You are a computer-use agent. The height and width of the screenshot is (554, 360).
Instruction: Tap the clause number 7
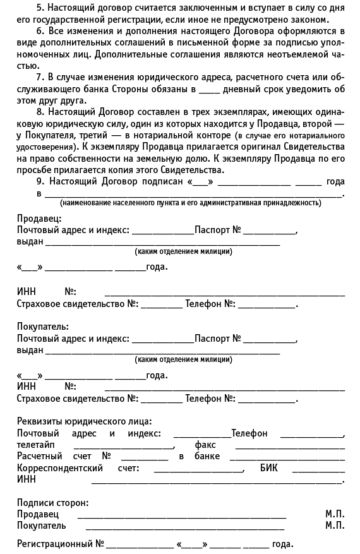40,77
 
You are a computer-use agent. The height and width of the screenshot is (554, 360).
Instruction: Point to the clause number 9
40,181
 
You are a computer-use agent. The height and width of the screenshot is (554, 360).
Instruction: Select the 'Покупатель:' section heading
42,327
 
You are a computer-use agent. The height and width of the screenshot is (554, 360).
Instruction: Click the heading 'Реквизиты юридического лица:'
84,421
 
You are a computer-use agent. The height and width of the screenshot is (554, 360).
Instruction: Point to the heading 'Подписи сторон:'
52,503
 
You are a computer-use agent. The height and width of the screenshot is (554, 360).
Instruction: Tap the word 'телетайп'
36,445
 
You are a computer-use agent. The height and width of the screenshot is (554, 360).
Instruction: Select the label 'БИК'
268,469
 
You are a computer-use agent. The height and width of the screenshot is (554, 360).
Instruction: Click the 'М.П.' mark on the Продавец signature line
335,515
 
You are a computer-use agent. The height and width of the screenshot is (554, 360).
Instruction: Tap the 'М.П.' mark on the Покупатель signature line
335,526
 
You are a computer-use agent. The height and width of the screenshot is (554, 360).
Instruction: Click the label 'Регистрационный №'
60,544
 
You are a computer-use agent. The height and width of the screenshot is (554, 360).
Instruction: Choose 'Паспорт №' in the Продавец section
218,231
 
